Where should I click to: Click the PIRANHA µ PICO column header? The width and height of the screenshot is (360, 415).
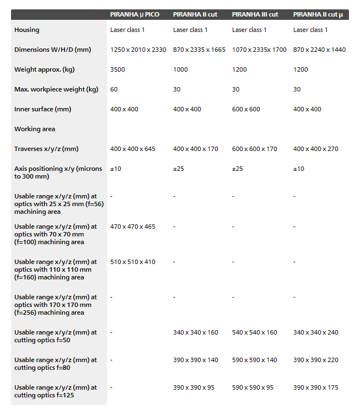(x=135, y=14)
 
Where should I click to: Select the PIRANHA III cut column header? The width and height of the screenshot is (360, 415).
(x=255, y=14)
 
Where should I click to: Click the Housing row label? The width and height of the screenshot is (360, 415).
(x=27, y=30)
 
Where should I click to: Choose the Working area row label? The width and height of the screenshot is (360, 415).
(x=35, y=129)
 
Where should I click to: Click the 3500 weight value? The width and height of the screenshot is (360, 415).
(x=118, y=69)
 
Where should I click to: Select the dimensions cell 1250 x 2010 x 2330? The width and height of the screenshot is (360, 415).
(x=138, y=50)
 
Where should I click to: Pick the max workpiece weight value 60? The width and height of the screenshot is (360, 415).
(x=114, y=89)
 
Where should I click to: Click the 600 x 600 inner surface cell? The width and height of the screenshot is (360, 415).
(x=246, y=109)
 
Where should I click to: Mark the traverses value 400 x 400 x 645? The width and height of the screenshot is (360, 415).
(x=133, y=149)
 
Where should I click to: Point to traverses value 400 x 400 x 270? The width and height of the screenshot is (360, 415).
(x=316, y=149)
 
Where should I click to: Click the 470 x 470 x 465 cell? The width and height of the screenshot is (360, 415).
(x=133, y=227)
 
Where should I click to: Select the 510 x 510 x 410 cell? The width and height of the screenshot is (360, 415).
(x=133, y=262)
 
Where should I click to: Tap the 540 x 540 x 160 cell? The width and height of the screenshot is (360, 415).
(x=255, y=332)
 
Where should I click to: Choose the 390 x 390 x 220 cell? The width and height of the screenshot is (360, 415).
(x=316, y=360)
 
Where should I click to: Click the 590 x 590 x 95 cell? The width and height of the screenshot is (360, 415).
(x=252, y=387)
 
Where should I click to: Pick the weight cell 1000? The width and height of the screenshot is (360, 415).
(x=180, y=69)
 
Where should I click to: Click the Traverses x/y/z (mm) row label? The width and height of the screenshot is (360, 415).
(x=46, y=149)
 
